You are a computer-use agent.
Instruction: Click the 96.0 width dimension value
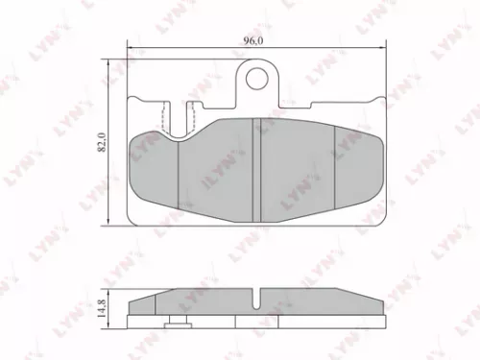pyautogui.click(x=253, y=40)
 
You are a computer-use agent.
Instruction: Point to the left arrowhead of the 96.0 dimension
pyautogui.click(x=130, y=46)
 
